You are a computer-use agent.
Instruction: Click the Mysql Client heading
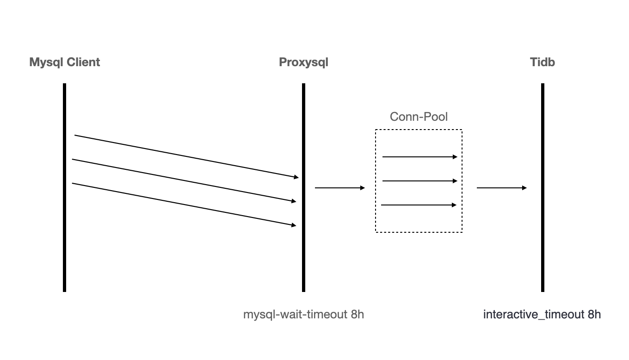pyautogui.click(x=64, y=62)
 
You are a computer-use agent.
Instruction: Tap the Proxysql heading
pyautogui.click(x=303, y=62)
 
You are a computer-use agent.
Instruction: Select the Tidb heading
pyautogui.click(x=542, y=62)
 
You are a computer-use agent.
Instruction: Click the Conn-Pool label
pyautogui.click(x=419, y=117)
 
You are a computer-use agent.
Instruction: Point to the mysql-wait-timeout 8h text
pyautogui.click(x=303, y=315)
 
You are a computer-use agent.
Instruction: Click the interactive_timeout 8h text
pyautogui.click(x=542, y=315)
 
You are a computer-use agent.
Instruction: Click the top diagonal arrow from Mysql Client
pyautogui.click(x=185, y=156)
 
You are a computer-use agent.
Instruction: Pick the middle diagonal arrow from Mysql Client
pyautogui.click(x=185, y=180)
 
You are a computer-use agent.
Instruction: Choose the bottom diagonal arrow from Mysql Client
pyautogui.click(x=185, y=205)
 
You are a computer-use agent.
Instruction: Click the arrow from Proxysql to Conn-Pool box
pyautogui.click(x=339, y=188)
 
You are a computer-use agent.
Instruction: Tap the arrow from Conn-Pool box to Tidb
pyautogui.click(x=501, y=188)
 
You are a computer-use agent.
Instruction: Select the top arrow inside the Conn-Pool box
pyautogui.click(x=419, y=157)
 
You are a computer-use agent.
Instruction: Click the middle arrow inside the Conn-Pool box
pyautogui.click(x=419, y=181)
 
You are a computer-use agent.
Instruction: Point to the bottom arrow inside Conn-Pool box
pyautogui.click(x=419, y=205)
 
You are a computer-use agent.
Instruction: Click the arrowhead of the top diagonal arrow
pyautogui.click(x=296, y=177)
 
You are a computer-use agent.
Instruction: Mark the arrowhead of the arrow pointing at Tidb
pyautogui.click(x=524, y=188)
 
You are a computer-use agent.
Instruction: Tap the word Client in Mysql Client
pyautogui.click(x=84, y=62)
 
